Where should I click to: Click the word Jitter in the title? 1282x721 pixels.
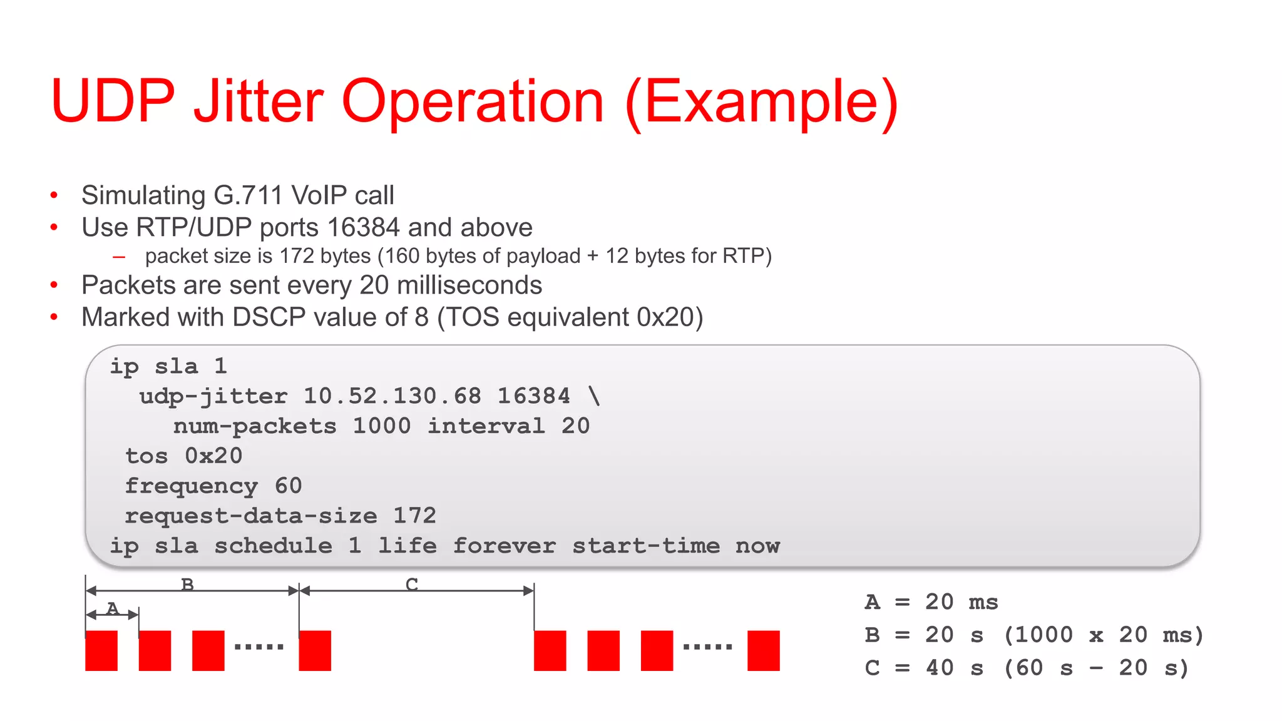coord(259,101)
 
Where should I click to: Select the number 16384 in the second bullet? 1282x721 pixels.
coord(363,227)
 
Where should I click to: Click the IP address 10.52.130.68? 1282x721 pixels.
coord(392,396)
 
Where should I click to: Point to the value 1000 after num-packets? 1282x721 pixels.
coord(382,426)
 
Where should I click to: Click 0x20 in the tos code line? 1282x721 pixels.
coord(213,456)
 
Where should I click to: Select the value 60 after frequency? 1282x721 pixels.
coord(288,486)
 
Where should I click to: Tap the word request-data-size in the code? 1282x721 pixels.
coord(251,516)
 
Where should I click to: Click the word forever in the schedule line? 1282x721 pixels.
coord(504,546)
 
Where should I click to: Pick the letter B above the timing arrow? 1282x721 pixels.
coord(187,585)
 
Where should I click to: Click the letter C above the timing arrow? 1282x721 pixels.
coord(411,585)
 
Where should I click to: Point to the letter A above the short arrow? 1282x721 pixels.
coord(113,608)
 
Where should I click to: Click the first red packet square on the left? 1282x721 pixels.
coord(101,651)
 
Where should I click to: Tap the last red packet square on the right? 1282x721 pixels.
coord(763,651)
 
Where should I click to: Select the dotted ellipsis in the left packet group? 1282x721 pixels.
coord(259,647)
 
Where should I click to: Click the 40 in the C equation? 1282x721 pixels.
coord(940,668)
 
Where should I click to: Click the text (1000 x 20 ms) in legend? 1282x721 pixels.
coord(1103,635)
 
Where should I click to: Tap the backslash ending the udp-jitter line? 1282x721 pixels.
coord(594,396)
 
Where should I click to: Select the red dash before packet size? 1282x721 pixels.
coord(119,257)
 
